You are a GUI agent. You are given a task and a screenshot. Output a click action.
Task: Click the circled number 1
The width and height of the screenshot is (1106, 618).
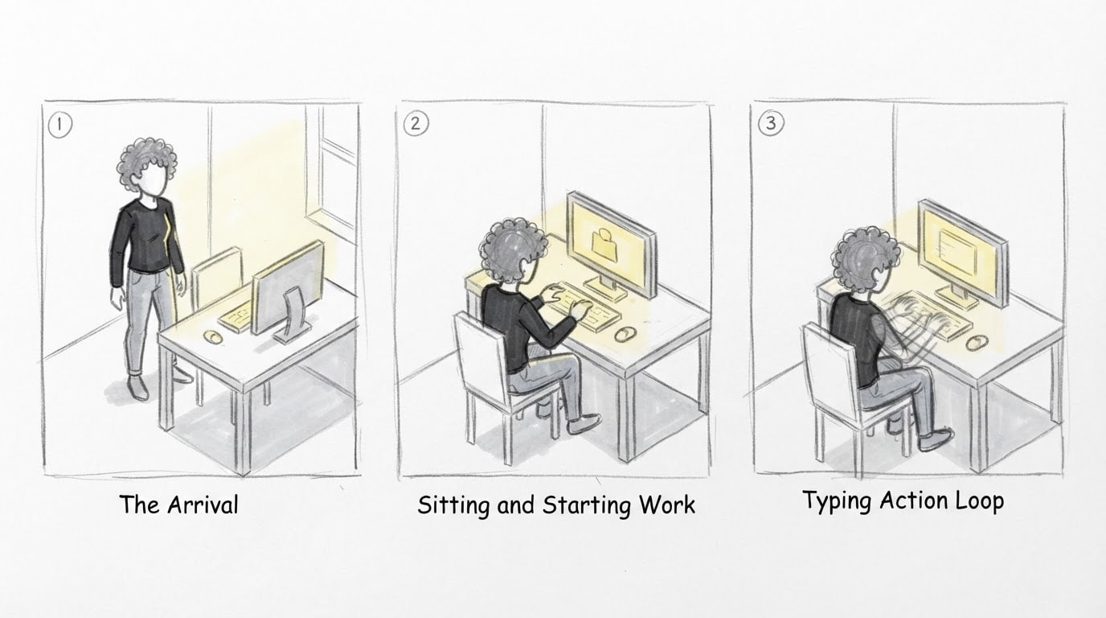60,126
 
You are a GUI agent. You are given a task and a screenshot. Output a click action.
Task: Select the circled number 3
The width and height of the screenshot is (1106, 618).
771,122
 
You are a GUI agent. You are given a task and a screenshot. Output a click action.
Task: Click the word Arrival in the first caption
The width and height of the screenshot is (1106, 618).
203,505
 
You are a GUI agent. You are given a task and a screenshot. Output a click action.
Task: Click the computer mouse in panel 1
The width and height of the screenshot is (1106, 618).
213,336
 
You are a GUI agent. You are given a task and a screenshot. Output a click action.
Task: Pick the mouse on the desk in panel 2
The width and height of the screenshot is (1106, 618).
624,334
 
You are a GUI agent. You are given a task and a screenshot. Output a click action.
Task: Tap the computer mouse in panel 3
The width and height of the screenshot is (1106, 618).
977,342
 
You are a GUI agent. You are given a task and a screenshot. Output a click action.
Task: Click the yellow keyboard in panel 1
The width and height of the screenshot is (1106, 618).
236,316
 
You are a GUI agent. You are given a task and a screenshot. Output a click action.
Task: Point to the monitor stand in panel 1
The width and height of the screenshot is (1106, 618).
293,316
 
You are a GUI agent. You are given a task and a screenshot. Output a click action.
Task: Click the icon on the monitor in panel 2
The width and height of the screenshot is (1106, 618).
604,245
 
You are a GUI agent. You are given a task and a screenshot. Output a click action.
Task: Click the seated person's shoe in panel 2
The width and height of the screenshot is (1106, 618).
584,424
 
